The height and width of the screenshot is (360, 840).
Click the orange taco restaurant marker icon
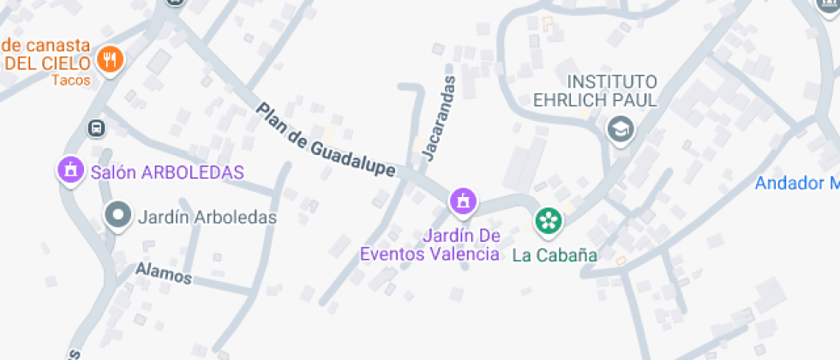(109, 60)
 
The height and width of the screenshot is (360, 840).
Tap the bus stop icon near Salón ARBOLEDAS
(96, 128)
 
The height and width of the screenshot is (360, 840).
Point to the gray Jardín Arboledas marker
(117, 214)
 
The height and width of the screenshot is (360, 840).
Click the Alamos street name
(163, 273)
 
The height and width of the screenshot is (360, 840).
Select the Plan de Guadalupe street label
(326, 141)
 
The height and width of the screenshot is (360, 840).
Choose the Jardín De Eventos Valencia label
(429, 245)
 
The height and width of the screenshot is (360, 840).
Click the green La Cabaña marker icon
(547, 221)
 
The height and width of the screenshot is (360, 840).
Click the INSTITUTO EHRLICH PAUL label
(595, 91)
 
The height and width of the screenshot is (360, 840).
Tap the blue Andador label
(795, 183)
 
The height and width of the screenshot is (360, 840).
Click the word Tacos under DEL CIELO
(70, 81)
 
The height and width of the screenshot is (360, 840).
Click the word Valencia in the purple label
(466, 254)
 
